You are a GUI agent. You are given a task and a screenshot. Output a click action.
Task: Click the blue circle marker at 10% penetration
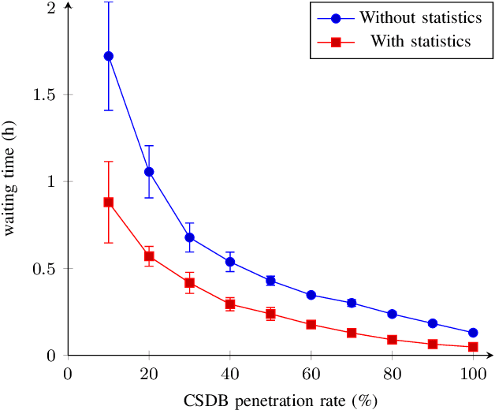(108, 56)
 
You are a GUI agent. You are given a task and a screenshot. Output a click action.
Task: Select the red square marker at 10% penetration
(108, 203)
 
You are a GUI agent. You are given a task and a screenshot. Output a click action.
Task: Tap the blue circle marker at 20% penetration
(149, 171)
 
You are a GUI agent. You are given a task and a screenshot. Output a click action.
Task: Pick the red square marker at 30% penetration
(189, 283)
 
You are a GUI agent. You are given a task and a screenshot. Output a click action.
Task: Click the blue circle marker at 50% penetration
(270, 280)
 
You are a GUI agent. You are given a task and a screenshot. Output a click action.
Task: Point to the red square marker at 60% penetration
(311, 324)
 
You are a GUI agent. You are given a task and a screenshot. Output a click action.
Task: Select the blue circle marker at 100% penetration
(473, 333)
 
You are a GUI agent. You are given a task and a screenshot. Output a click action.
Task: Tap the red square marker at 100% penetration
(473, 346)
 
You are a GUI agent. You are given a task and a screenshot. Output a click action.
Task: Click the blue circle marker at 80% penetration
(392, 314)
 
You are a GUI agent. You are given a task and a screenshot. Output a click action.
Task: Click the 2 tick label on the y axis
(51, 8)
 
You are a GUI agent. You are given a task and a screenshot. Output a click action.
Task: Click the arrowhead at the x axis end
(489, 355)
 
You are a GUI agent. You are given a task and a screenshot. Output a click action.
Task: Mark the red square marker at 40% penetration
(230, 304)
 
